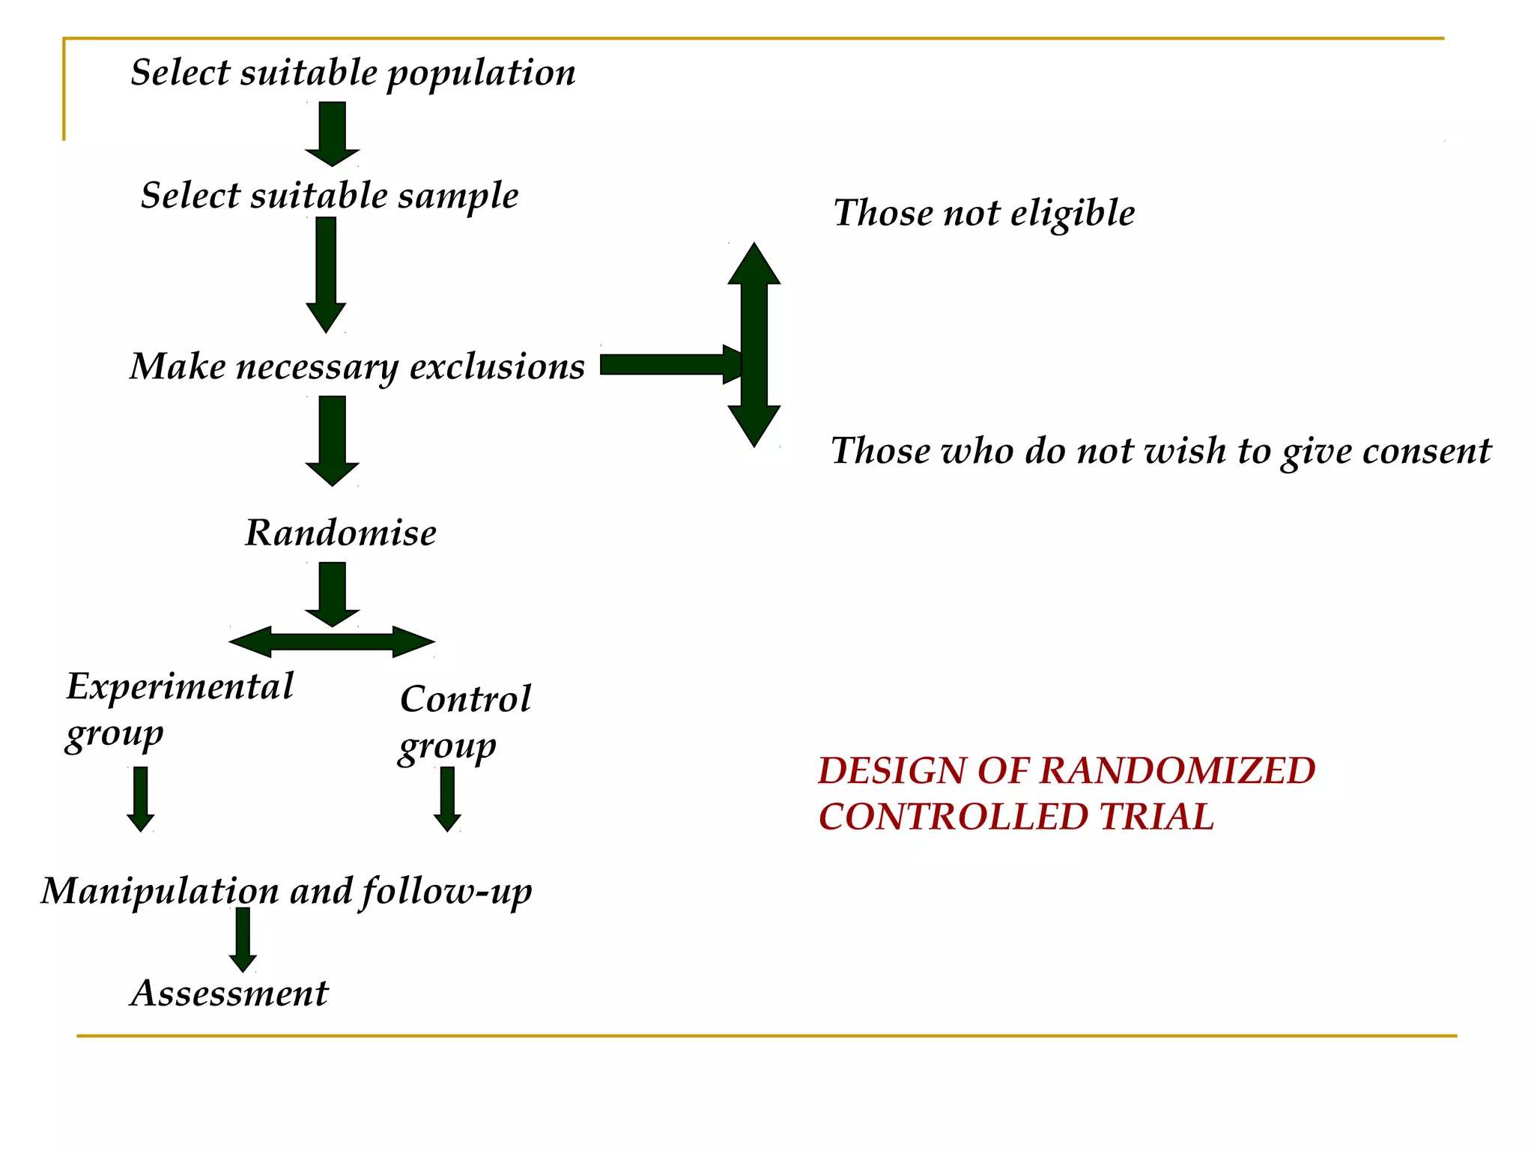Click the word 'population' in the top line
coord(481,74)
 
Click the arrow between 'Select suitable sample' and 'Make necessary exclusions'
coord(326,274)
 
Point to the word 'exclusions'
coord(497,367)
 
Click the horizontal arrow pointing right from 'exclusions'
coord(667,365)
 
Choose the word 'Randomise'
coord(341,534)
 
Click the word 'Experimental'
coord(180,687)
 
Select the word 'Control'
coord(465,700)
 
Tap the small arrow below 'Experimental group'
coord(141,799)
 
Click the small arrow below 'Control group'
coord(447,799)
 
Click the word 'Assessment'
coord(229,994)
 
